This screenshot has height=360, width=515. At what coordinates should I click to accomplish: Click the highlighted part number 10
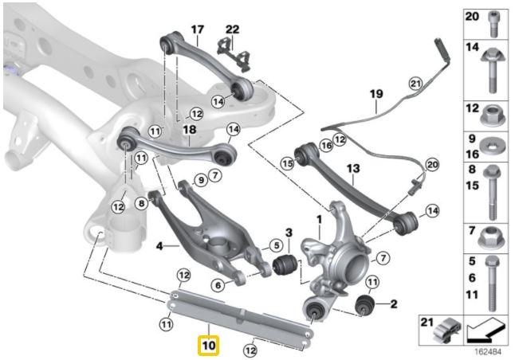coord(208,346)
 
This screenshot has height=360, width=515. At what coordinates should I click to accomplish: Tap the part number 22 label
coord(232,29)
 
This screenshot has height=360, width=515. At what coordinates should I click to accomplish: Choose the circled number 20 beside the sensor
coord(431,164)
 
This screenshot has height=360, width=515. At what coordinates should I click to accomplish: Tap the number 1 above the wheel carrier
coord(320,219)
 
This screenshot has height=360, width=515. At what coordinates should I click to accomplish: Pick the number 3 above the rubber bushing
coord(289,233)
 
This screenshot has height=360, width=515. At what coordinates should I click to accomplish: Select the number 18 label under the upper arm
coord(189,130)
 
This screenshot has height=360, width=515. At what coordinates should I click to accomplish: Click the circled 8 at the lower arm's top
coord(141,203)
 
